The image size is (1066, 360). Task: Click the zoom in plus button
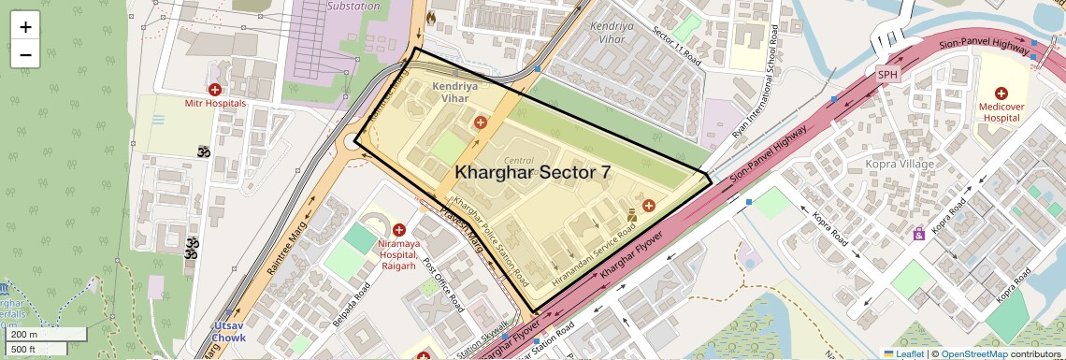[25, 27]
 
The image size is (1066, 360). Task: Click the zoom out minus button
[25, 54]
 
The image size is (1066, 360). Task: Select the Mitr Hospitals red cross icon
[215, 90]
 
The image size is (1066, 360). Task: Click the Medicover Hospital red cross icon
[1001, 94]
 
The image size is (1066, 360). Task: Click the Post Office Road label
[443, 285]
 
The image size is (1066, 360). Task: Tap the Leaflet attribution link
[903, 353]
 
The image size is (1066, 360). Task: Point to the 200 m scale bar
[36, 335]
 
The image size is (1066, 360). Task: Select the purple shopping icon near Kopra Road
[918, 233]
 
